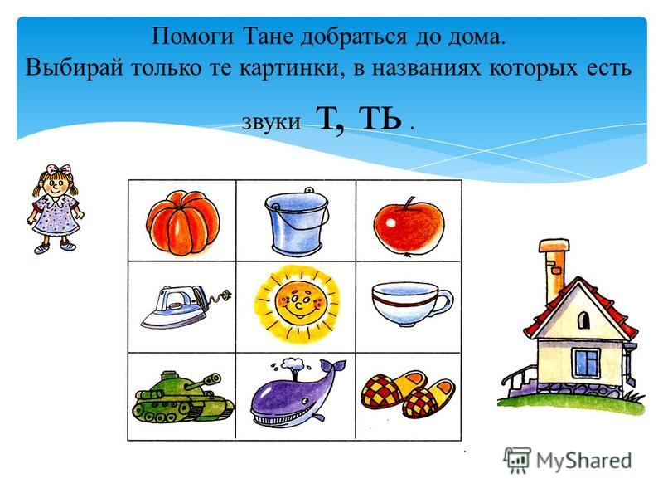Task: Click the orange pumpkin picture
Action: point(183,223)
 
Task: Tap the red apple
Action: point(409,226)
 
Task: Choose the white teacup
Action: point(412,304)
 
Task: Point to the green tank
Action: point(182,397)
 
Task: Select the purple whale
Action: point(298,393)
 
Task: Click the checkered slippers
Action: point(409,393)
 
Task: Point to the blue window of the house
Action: point(587,362)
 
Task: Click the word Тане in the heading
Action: point(268,36)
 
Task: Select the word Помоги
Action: point(192,37)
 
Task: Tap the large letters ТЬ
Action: point(380,118)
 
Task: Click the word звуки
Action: point(271,121)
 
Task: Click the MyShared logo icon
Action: point(516,460)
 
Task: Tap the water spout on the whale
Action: point(292,364)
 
